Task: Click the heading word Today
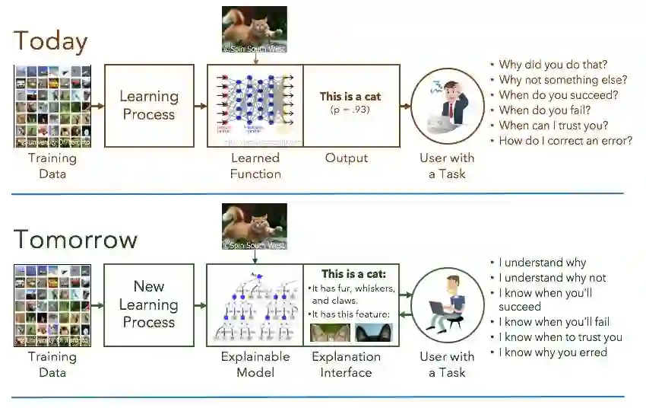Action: [51, 40]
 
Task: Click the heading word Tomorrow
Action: [75, 239]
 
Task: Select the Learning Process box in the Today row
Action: [148, 105]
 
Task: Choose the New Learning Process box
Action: [148, 304]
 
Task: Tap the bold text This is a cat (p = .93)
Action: [350, 102]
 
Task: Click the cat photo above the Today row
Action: [254, 29]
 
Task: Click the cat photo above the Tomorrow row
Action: [254, 226]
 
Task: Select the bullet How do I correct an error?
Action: [565, 141]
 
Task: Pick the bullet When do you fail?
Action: [544, 110]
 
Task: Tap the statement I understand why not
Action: [553, 278]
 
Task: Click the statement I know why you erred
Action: [553, 352]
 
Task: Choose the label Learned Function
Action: [255, 165]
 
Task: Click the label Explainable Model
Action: [255, 364]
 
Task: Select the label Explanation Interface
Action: [346, 364]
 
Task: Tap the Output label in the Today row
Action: [347, 158]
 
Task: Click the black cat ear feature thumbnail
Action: [372, 333]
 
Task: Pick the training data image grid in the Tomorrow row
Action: [52, 305]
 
